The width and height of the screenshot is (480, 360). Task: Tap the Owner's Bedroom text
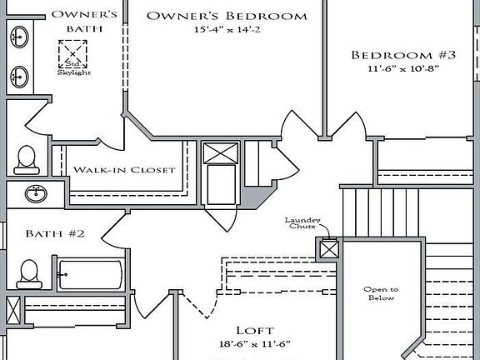pos(227,16)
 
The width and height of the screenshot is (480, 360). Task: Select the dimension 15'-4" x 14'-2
pos(227,31)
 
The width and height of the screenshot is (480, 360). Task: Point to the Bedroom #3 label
pos(403,55)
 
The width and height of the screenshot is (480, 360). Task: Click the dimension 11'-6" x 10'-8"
pos(403,70)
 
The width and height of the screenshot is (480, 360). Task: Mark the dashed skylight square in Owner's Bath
pos(72,52)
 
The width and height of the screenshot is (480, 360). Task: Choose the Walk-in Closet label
pos(124,169)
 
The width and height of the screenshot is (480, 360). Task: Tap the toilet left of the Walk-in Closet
pos(26,157)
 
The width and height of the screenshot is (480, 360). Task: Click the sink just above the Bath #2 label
pos(36,194)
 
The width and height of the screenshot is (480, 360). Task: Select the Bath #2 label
pos(54,233)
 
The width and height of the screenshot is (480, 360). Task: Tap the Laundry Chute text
pos(302,225)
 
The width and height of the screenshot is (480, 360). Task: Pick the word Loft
pos(255,330)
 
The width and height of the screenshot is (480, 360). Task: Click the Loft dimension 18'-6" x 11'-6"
pos(255,344)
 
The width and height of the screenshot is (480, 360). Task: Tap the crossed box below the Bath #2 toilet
pos(12,310)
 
